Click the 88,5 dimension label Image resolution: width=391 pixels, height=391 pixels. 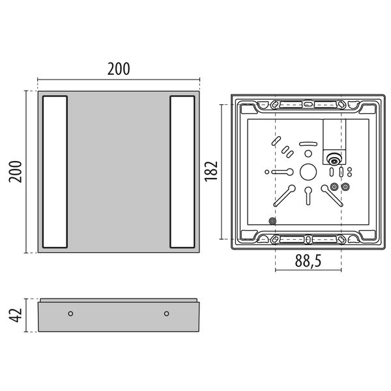(308, 261)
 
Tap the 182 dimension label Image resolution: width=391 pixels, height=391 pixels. (211, 171)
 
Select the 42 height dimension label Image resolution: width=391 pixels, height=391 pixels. (15, 315)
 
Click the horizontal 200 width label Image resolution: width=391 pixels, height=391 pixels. (119, 69)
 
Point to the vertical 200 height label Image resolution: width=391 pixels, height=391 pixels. (15, 171)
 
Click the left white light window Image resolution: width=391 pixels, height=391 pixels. (55, 172)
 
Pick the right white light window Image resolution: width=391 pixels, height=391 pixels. (182, 172)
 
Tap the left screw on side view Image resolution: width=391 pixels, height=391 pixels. (70, 313)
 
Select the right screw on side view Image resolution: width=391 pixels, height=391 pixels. (167, 313)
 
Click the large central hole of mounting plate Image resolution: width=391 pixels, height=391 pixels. (308, 172)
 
